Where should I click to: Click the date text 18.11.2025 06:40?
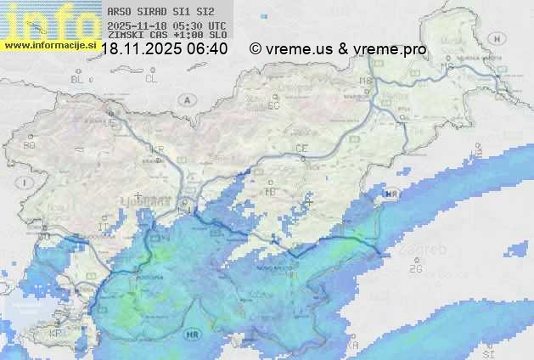coord(164,49)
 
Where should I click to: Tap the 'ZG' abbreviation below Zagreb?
coord(416,269)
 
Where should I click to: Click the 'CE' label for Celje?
coord(301,149)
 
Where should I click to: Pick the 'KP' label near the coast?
coord(56,333)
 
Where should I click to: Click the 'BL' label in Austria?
coord(78,79)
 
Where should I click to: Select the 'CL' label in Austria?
coord(151,79)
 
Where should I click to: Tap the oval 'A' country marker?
coord(186,99)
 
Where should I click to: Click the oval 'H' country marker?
coord(497,38)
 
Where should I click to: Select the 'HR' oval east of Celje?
coord(391,194)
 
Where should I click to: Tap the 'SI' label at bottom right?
coord(487,351)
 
